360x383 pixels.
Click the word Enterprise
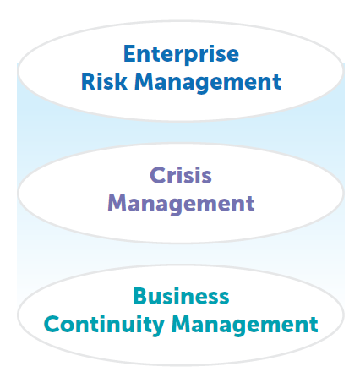(181, 55)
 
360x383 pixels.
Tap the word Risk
(104, 82)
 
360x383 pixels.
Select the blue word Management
(208, 83)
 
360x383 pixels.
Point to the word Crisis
(181, 175)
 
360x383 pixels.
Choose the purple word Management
(181, 205)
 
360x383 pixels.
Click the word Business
(181, 297)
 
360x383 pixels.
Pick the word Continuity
(104, 326)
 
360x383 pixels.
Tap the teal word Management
(244, 326)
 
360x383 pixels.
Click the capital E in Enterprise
(129, 53)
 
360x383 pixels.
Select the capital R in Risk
(88, 82)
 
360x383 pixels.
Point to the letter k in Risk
(121, 81)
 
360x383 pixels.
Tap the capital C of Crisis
(158, 175)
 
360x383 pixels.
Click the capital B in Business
(140, 297)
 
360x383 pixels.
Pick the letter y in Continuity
(157, 328)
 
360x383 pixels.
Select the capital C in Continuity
(52, 325)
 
